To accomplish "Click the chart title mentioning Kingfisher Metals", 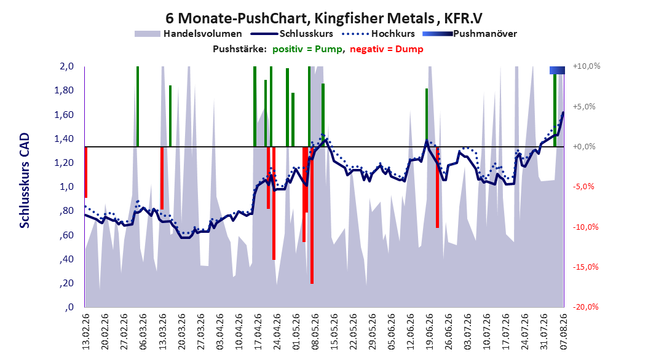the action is point(324,18).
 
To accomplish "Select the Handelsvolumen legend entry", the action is point(189,34).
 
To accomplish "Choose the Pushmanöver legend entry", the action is point(470,34).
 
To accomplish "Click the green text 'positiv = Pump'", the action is point(307,49).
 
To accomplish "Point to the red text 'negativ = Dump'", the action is point(387,49).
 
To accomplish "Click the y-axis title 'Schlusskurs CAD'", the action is point(25,181).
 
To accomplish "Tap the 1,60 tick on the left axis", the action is point(64,114).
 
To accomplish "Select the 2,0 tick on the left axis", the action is point(66,66).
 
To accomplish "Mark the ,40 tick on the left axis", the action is point(66,259).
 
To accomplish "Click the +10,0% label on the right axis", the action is point(587,66).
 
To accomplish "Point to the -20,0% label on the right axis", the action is point(585,307).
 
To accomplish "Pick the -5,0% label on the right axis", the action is point(583,186).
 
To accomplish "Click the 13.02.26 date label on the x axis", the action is point(86,332).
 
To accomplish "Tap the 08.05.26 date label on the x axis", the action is point(315,332).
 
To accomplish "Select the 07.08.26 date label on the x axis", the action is point(563,332).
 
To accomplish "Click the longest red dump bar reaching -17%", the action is point(312,215).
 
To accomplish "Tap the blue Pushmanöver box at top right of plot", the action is point(557,70).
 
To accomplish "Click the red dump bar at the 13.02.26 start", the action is point(86,172).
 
